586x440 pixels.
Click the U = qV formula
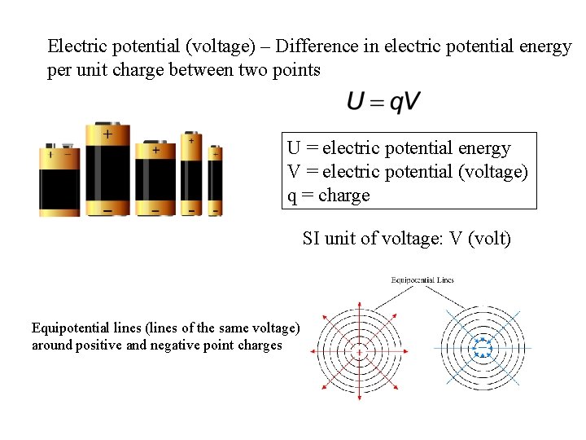384,102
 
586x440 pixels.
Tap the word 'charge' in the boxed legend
343,196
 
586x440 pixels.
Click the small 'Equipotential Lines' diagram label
422,280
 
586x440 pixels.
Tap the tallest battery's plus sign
107,133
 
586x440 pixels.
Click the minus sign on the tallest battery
107,210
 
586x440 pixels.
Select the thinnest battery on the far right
215,181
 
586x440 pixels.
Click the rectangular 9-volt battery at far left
59,181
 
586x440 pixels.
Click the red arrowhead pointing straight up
359,299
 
